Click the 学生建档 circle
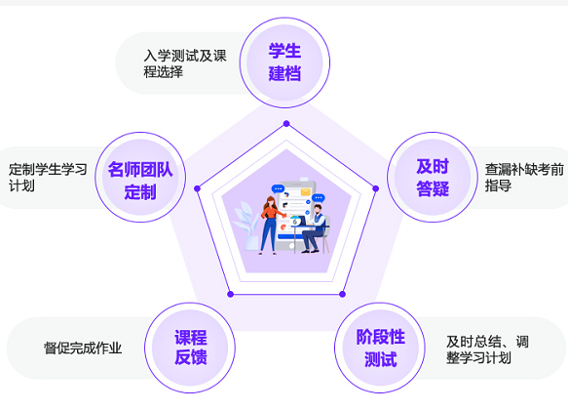284,62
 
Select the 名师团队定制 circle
140,177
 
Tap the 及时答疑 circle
433,177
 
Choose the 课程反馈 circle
190,348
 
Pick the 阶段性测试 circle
380,348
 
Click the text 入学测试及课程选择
185,63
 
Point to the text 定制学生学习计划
48,177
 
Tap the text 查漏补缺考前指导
524,177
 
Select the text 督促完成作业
83,348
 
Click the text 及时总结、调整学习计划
487,349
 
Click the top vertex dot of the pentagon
286,123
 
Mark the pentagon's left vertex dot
197,188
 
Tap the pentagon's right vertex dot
376,188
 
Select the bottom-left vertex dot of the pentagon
230,294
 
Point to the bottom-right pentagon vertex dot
342,294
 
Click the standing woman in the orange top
270,226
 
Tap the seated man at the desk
315,228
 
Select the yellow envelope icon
305,191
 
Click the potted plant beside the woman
246,226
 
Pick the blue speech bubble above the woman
278,188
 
